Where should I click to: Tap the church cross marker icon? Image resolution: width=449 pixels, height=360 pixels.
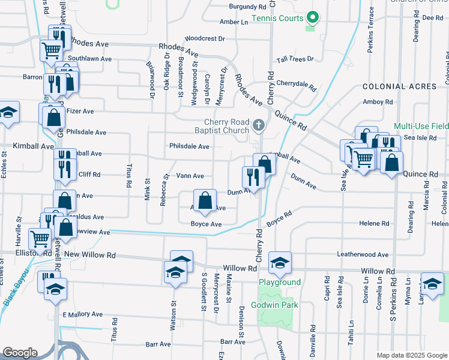(x=259, y=125)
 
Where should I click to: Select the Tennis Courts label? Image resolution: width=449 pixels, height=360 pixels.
(x=277, y=18)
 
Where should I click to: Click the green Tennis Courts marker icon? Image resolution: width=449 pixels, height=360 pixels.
(x=310, y=17)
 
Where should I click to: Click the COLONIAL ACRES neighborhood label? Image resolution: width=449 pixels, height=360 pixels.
(x=399, y=87)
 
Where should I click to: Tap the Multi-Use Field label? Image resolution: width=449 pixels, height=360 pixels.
(x=421, y=127)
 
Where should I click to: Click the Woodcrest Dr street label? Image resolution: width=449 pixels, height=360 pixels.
(x=205, y=38)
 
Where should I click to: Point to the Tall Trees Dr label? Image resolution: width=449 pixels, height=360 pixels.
(x=295, y=59)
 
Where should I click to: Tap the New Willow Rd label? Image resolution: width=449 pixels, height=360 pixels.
(x=89, y=254)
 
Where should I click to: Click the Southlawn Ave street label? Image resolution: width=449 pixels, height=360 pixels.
(x=89, y=59)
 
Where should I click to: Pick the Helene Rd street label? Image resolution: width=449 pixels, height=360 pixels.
(x=374, y=223)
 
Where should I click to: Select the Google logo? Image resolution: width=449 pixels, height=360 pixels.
(x=20, y=352)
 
